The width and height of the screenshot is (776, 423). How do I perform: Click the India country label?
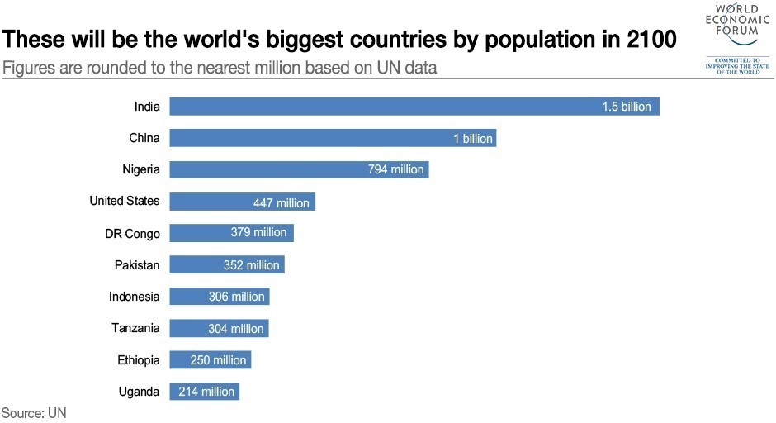(x=147, y=106)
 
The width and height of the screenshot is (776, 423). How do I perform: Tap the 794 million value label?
(x=395, y=169)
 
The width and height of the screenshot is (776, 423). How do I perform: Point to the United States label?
(x=124, y=201)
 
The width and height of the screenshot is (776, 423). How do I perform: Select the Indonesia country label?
(x=134, y=297)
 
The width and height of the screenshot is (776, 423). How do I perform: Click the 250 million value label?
(x=218, y=360)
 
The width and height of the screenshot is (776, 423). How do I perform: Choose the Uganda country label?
(x=139, y=392)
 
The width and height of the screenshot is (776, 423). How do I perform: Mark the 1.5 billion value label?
(x=627, y=107)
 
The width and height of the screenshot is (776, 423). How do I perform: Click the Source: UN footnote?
(x=34, y=412)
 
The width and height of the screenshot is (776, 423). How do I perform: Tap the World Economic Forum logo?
(x=737, y=37)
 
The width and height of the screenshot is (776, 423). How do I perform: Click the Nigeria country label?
(x=140, y=169)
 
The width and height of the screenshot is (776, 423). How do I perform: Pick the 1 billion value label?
(x=473, y=139)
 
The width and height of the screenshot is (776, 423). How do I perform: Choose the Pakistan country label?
(x=137, y=265)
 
